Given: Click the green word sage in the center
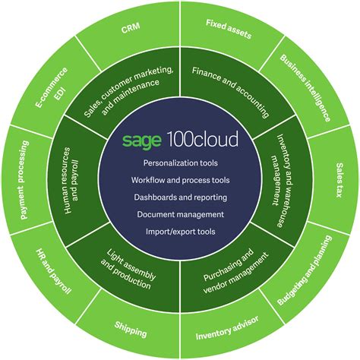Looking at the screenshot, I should point(139,140).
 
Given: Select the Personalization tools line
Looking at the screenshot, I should point(179,163).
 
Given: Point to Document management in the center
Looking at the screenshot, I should point(179,214).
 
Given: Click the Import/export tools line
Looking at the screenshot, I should point(179,232).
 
